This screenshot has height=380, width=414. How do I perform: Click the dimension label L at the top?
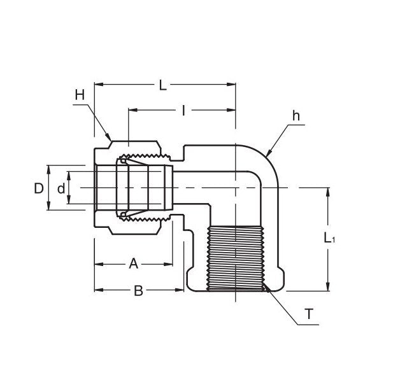(x=163, y=85)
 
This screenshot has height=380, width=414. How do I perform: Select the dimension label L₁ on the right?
(x=329, y=239)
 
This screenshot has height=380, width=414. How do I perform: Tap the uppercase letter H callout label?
(x=80, y=95)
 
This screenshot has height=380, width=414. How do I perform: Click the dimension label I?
(x=183, y=111)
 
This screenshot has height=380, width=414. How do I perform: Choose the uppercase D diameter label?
(x=39, y=188)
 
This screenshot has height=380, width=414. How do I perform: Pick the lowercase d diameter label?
(x=61, y=188)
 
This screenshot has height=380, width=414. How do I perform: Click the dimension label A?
(x=133, y=264)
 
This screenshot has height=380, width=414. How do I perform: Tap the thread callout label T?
(x=309, y=314)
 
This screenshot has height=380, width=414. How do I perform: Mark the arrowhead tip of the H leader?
(x=110, y=138)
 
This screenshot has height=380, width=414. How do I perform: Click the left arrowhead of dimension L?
(x=97, y=84)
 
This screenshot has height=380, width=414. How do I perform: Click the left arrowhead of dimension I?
(x=131, y=110)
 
